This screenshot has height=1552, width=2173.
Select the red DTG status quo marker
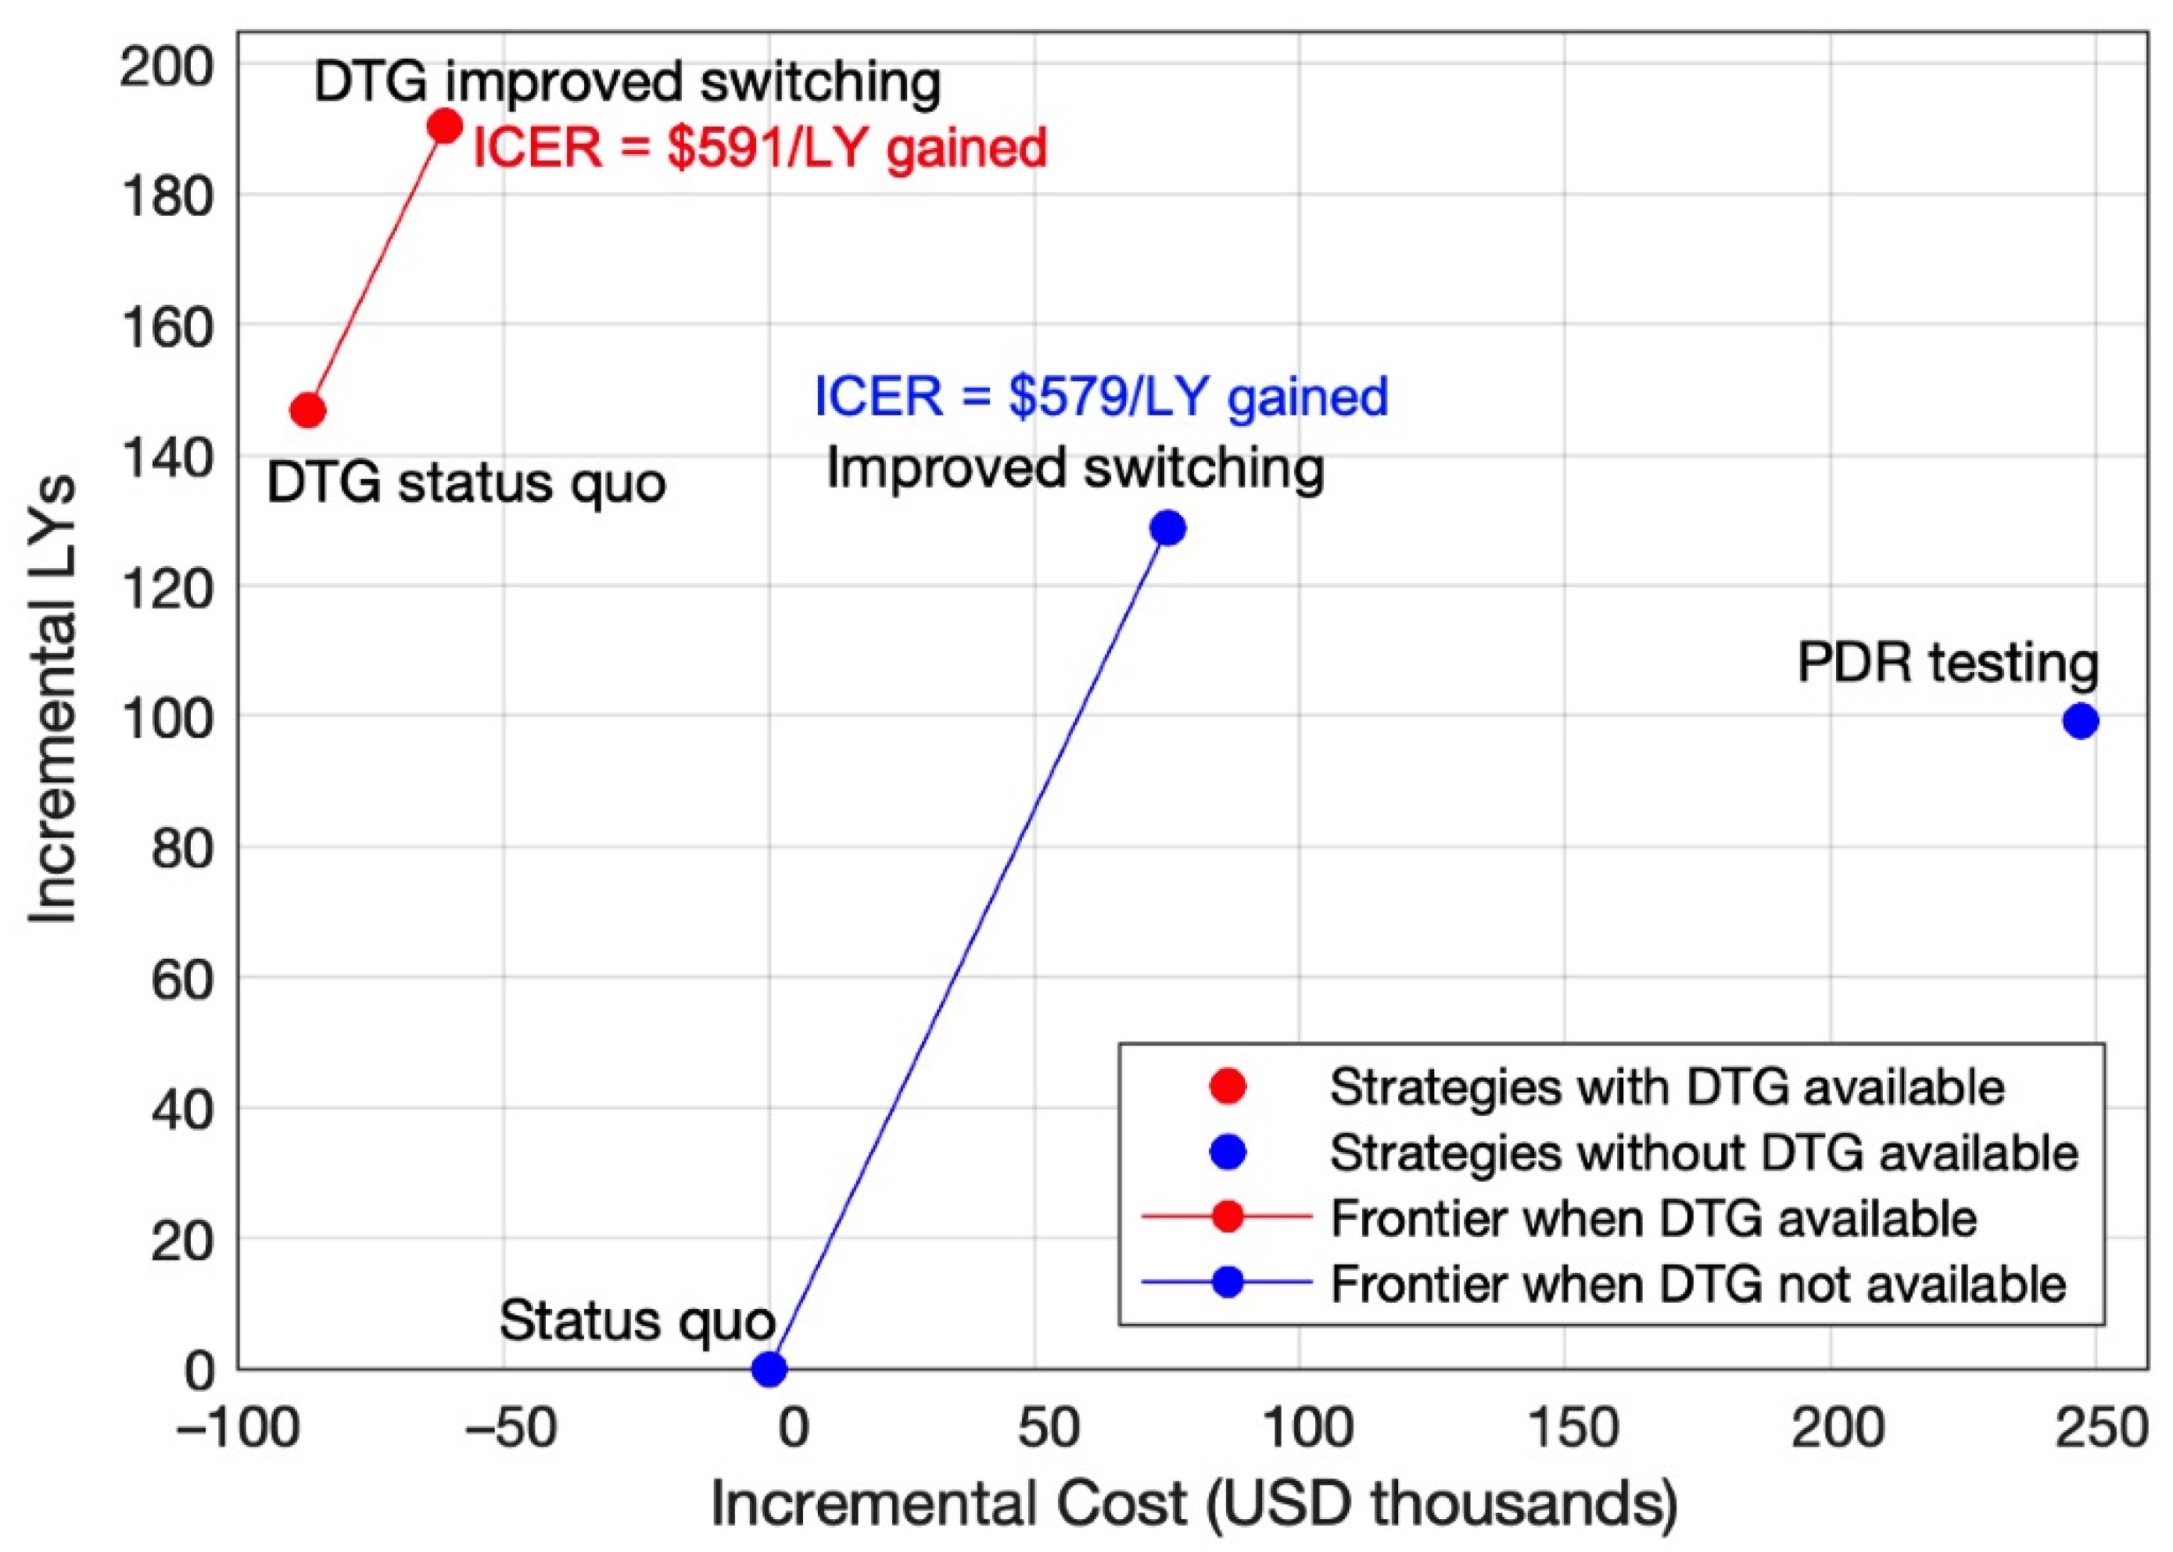[307, 411]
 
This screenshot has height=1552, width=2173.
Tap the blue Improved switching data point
[1167, 527]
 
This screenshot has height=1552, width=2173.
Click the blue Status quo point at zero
[769, 1369]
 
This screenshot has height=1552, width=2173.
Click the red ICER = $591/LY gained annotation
[760, 149]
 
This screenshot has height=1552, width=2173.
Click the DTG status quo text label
[465, 483]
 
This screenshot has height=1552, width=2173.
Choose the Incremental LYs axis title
[52, 703]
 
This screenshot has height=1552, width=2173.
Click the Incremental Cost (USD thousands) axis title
[1193, 1504]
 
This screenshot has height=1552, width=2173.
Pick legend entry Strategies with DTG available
[1666, 1086]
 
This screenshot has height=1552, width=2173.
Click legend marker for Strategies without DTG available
[1228, 1153]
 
